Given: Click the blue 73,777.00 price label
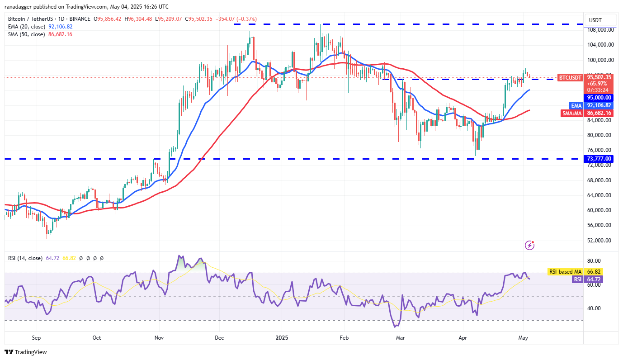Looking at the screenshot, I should (599, 159).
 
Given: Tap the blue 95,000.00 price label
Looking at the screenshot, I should (599, 97).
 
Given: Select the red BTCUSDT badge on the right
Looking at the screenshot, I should (570, 77).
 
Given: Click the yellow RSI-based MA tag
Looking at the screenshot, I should (565, 272).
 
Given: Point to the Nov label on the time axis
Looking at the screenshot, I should (159, 337).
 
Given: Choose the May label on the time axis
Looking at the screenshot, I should (523, 337).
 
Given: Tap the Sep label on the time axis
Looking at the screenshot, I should (37, 337).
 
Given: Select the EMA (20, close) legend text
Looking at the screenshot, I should (26, 27).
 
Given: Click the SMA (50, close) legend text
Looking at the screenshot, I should (26, 34).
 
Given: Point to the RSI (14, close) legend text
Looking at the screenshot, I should (25, 258).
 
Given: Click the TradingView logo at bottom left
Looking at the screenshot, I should (26, 352).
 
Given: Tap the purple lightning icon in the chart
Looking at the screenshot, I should (530, 245).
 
